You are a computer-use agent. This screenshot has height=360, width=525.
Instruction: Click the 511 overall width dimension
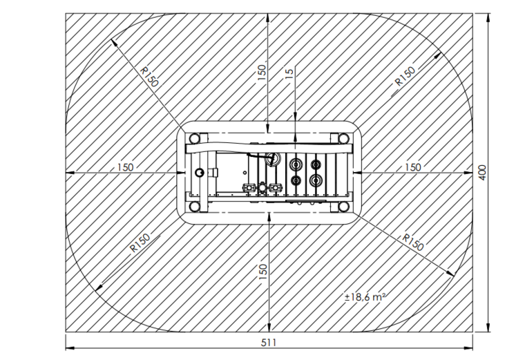click(269, 343)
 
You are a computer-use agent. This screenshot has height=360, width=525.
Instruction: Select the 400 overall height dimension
click(482, 173)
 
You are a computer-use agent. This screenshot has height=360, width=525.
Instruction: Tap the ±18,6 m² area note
click(365, 296)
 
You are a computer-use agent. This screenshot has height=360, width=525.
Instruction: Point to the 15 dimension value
click(290, 73)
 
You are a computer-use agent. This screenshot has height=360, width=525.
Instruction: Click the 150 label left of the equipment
click(125, 167)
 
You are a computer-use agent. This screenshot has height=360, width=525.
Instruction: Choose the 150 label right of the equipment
click(413, 167)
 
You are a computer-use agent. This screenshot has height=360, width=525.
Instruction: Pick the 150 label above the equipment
click(262, 72)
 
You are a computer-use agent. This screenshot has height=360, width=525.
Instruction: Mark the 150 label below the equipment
click(263, 272)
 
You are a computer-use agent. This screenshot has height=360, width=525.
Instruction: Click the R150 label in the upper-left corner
click(149, 77)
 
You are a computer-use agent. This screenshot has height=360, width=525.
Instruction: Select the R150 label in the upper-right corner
click(405, 77)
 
